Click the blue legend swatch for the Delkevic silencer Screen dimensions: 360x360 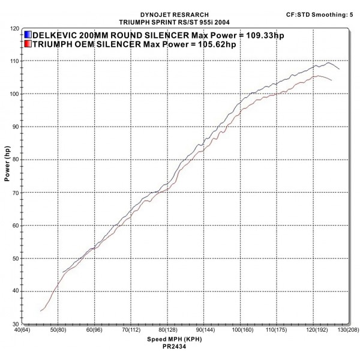click(x=28, y=35)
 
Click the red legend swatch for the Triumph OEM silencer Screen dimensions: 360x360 click(x=28, y=44)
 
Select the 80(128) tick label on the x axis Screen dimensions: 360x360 click(x=167, y=329)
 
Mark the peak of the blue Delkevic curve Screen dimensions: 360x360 click(x=328, y=62)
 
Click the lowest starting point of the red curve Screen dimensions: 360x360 click(x=40, y=311)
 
